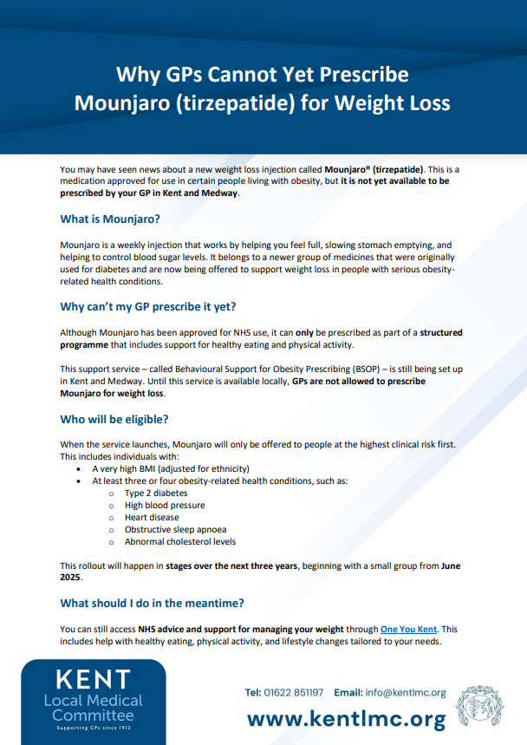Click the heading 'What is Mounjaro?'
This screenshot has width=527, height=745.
click(110, 219)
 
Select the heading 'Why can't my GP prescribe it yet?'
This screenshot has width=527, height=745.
click(148, 306)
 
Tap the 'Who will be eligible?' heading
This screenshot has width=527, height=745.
click(114, 419)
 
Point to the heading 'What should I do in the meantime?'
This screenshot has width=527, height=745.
click(152, 603)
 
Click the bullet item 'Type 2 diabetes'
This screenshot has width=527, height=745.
click(156, 493)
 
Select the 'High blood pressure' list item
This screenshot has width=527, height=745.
click(165, 505)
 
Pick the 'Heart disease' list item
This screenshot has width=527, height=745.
click(152, 517)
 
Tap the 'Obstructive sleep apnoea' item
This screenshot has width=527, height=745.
click(175, 529)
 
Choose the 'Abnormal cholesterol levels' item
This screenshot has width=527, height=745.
click(180, 541)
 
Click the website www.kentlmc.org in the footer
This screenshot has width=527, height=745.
click(347, 718)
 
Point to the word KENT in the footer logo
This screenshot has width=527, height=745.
click(93, 679)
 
